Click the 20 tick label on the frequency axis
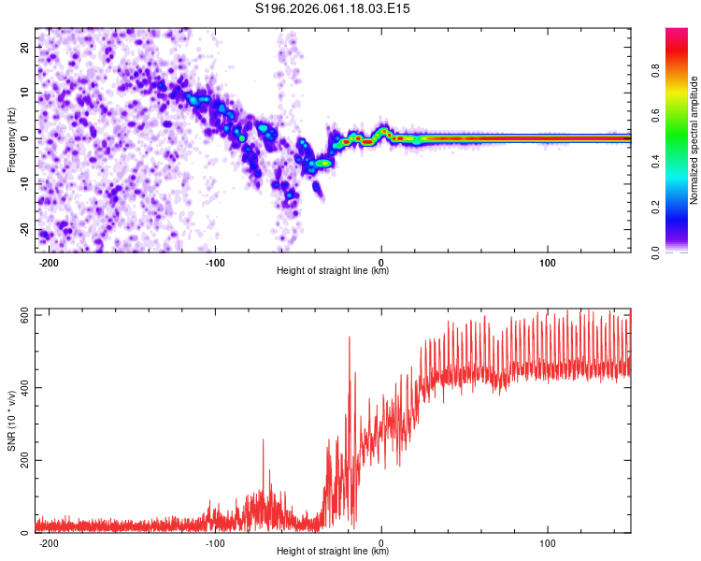(x=25, y=47)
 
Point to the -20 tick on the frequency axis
(x=23, y=229)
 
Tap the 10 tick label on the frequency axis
(x=25, y=93)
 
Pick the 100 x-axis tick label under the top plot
(x=547, y=262)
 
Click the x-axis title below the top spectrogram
(x=333, y=271)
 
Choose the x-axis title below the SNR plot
(x=333, y=552)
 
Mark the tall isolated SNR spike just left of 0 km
(x=350, y=338)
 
